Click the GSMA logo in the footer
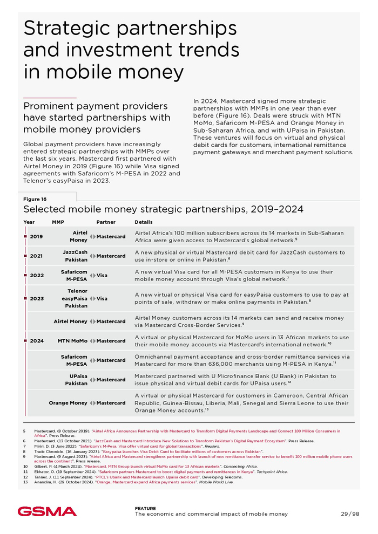47,511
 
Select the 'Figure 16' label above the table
35,199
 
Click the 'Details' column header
144,222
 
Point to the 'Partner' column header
106,222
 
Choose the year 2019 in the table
36,237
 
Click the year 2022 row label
36,276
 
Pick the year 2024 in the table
36,341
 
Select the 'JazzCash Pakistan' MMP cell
75,256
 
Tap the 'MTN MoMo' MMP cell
72,341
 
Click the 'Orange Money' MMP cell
68,403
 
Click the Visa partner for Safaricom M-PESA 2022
102,276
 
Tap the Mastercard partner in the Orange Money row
111,403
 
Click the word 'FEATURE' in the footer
145,508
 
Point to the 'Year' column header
29,222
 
